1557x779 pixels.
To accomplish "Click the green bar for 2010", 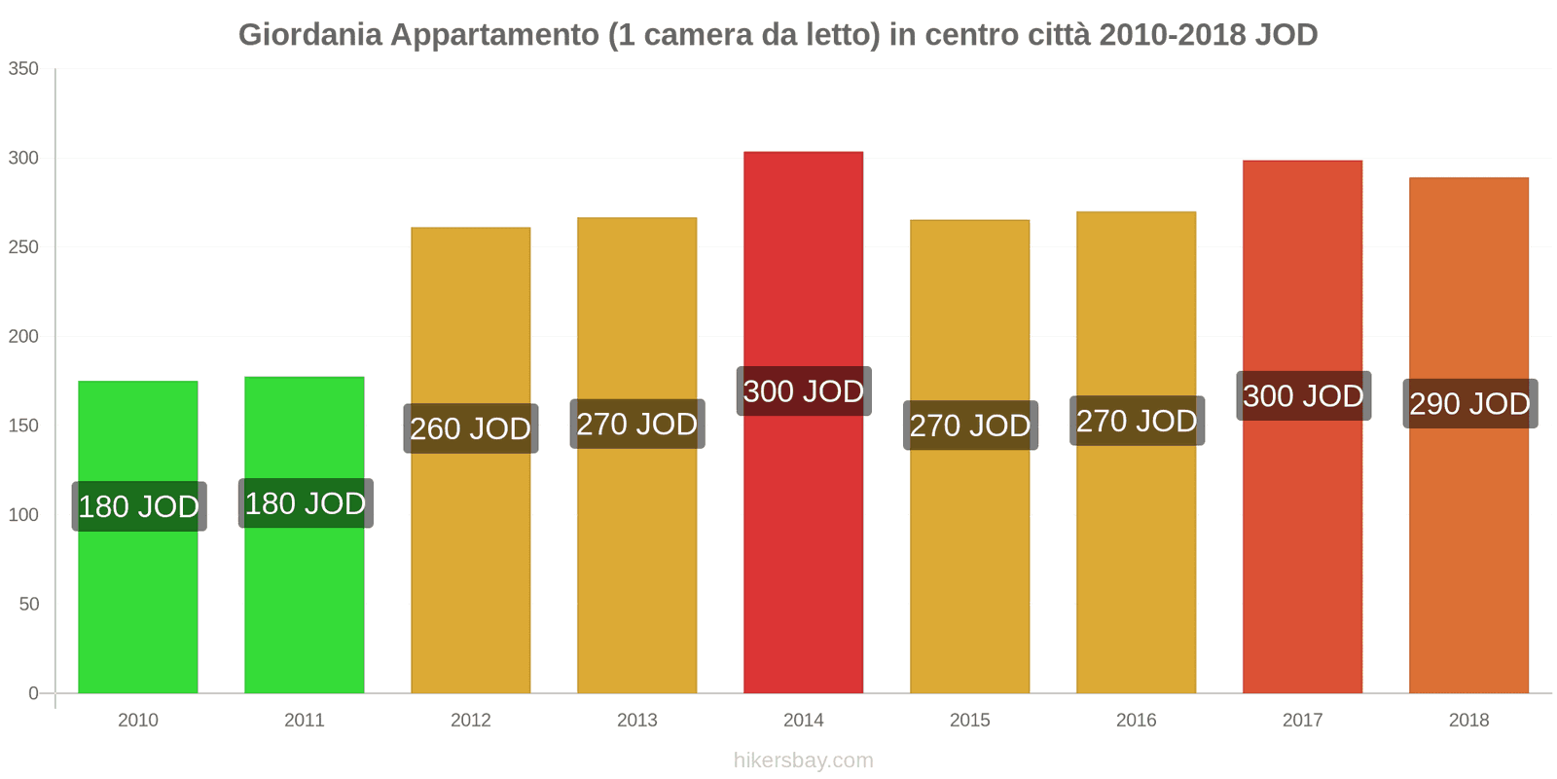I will point(138,604).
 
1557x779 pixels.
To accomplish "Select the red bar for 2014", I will point(803,545).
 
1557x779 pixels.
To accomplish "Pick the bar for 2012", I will point(471,565).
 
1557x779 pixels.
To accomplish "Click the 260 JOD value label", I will point(471,428).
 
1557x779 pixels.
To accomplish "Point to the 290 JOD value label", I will point(1469,403).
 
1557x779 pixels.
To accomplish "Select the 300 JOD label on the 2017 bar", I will point(1303,396).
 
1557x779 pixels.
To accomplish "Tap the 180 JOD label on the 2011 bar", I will point(306,503).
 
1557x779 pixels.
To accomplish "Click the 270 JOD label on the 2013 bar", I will point(637,425).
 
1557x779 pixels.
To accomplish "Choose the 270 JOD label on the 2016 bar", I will point(1137,421).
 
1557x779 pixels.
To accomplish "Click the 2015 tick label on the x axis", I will point(969,721).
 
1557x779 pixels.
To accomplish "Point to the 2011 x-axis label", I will point(305,721).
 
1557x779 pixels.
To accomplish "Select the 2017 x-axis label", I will point(1302,721).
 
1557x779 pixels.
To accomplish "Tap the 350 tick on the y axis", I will point(23,68).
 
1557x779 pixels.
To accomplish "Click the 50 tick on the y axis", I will point(28,604).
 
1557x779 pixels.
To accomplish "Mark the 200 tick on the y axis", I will point(23,336).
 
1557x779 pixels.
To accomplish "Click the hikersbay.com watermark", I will point(803,760).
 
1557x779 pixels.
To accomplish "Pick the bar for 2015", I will point(969,565).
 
